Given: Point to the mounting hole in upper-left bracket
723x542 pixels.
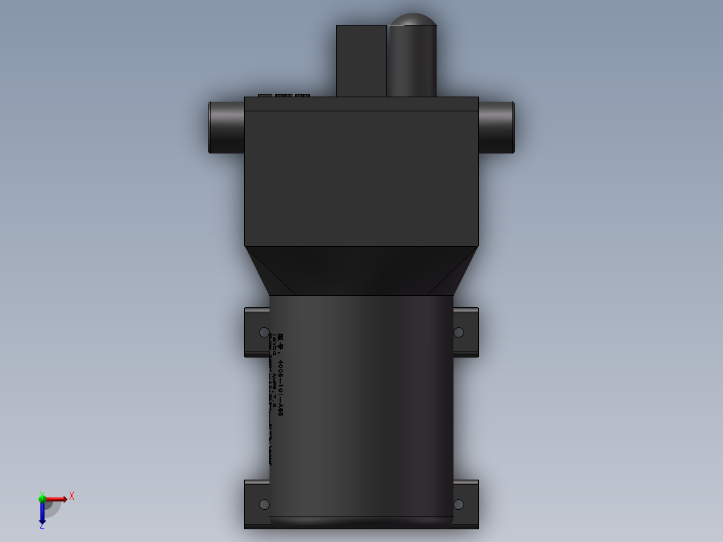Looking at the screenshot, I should tap(264, 333).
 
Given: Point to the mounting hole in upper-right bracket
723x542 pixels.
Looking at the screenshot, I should tap(459, 332).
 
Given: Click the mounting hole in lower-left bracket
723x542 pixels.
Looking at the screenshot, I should tap(264, 504).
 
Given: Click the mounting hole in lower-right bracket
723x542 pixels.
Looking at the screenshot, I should tap(459, 504).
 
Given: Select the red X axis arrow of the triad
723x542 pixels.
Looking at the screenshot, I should tap(57, 498).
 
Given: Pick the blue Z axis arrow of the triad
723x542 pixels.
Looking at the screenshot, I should tap(42, 513).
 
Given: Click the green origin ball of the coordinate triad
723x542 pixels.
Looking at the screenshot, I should tap(42, 498).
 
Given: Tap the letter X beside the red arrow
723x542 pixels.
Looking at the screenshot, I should tap(72, 496).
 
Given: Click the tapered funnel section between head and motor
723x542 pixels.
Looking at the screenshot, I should tap(361, 270).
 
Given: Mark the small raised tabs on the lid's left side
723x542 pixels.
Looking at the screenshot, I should tap(284, 95).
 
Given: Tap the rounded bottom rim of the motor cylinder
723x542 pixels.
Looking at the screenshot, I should tap(361, 522).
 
